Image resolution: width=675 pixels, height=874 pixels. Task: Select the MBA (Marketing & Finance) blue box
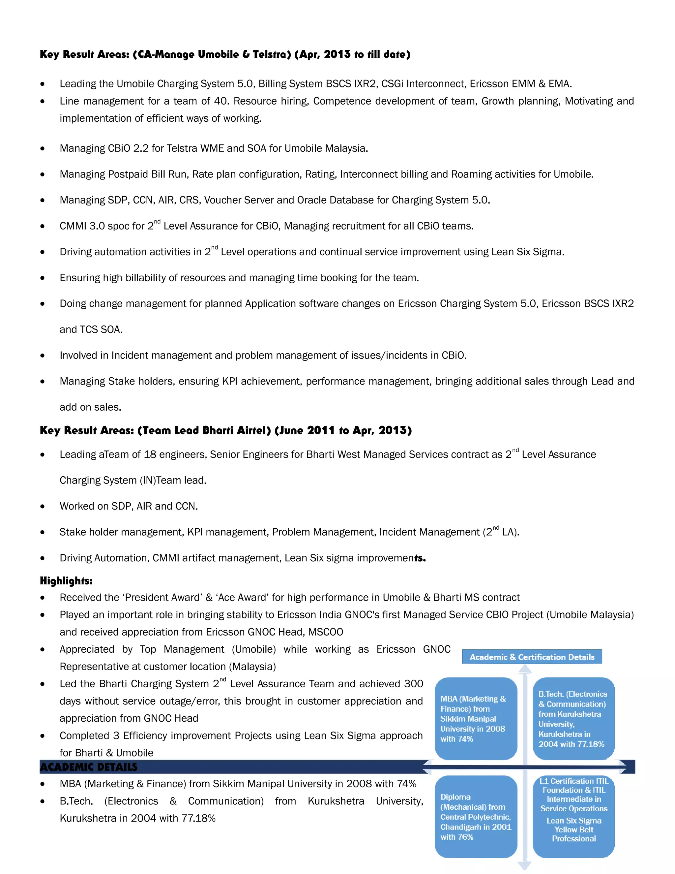476,718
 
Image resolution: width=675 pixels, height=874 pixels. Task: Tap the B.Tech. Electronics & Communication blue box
573,718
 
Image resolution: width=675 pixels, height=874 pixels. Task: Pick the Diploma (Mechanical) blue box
476,816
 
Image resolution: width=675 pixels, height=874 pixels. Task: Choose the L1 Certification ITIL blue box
573,816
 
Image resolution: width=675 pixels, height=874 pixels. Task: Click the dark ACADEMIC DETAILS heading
89,767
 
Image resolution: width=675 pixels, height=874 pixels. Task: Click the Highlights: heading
66,581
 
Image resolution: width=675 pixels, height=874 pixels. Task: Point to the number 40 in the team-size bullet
221,101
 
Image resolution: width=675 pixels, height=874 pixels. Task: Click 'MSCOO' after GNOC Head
326,632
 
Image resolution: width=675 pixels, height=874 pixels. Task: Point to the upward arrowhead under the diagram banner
525,669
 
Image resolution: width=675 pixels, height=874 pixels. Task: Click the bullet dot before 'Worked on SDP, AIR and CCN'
43,507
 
